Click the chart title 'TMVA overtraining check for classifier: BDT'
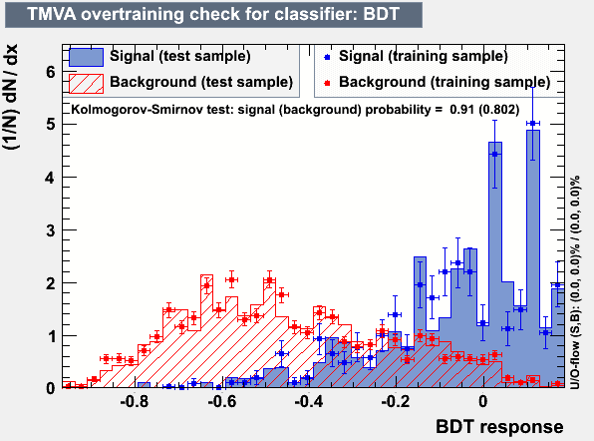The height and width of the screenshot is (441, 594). click(213, 14)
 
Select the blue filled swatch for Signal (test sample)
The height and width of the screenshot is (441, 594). click(86, 57)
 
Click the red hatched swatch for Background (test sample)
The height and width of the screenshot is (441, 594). click(86, 84)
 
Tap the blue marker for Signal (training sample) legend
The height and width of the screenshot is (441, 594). click(327, 57)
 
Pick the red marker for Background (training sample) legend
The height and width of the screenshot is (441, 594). click(327, 83)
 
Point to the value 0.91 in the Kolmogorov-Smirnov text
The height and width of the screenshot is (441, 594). click(461, 110)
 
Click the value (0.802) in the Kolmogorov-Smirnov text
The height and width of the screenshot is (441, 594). click(499, 110)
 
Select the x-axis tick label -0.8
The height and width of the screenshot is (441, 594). click(135, 401)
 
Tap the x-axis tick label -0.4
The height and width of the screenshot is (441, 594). click(309, 401)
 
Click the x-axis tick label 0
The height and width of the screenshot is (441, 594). click(483, 401)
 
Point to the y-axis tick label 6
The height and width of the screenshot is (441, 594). click(51, 72)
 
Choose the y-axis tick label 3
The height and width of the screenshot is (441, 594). click(51, 230)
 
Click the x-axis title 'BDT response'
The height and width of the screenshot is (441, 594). click(499, 427)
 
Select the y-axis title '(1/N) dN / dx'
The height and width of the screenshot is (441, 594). click(11, 97)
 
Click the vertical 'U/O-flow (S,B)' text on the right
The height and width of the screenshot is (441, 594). click(575, 282)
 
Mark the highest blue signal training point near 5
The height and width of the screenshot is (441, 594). click(532, 124)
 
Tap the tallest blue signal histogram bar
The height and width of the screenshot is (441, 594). click(533, 258)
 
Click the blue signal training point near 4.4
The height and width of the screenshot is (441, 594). click(494, 154)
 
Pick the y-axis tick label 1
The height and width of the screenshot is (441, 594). click(51, 336)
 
